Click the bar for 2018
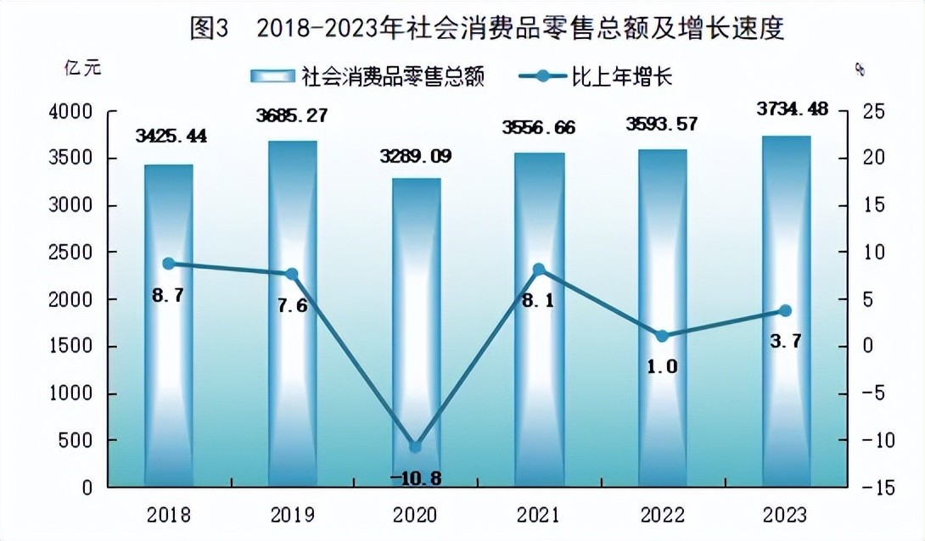[x=168, y=326]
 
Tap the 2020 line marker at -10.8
[x=415, y=447]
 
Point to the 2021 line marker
[x=538, y=270]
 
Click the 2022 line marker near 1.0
[x=662, y=336]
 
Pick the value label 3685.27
[x=292, y=115]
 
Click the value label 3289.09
[x=416, y=156]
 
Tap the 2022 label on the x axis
[x=662, y=515]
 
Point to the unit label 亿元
[x=82, y=69]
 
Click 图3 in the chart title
[x=210, y=29]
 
